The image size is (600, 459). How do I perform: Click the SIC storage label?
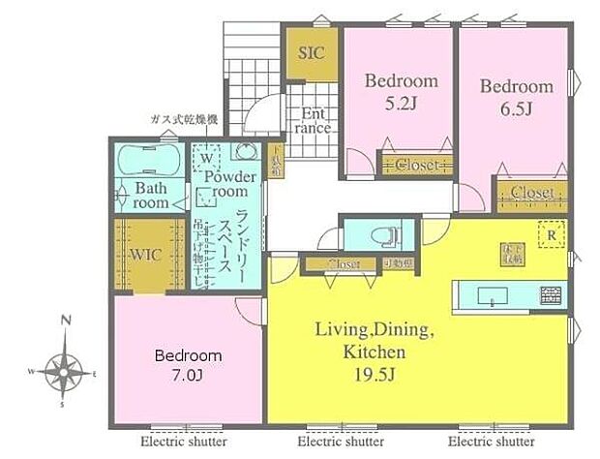pos(312,53)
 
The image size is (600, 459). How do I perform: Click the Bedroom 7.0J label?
pos(189,364)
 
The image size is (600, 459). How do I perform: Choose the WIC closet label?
pos(147,257)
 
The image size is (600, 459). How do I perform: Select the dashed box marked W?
pos(206,156)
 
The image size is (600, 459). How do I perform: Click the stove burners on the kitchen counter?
pos(551,291)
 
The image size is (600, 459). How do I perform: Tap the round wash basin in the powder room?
pos(245,153)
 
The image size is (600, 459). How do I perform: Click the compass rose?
pos(65,369)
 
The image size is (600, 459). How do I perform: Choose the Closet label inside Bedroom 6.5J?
pos(531,193)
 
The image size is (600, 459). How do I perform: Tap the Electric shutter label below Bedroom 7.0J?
pos(183,442)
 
